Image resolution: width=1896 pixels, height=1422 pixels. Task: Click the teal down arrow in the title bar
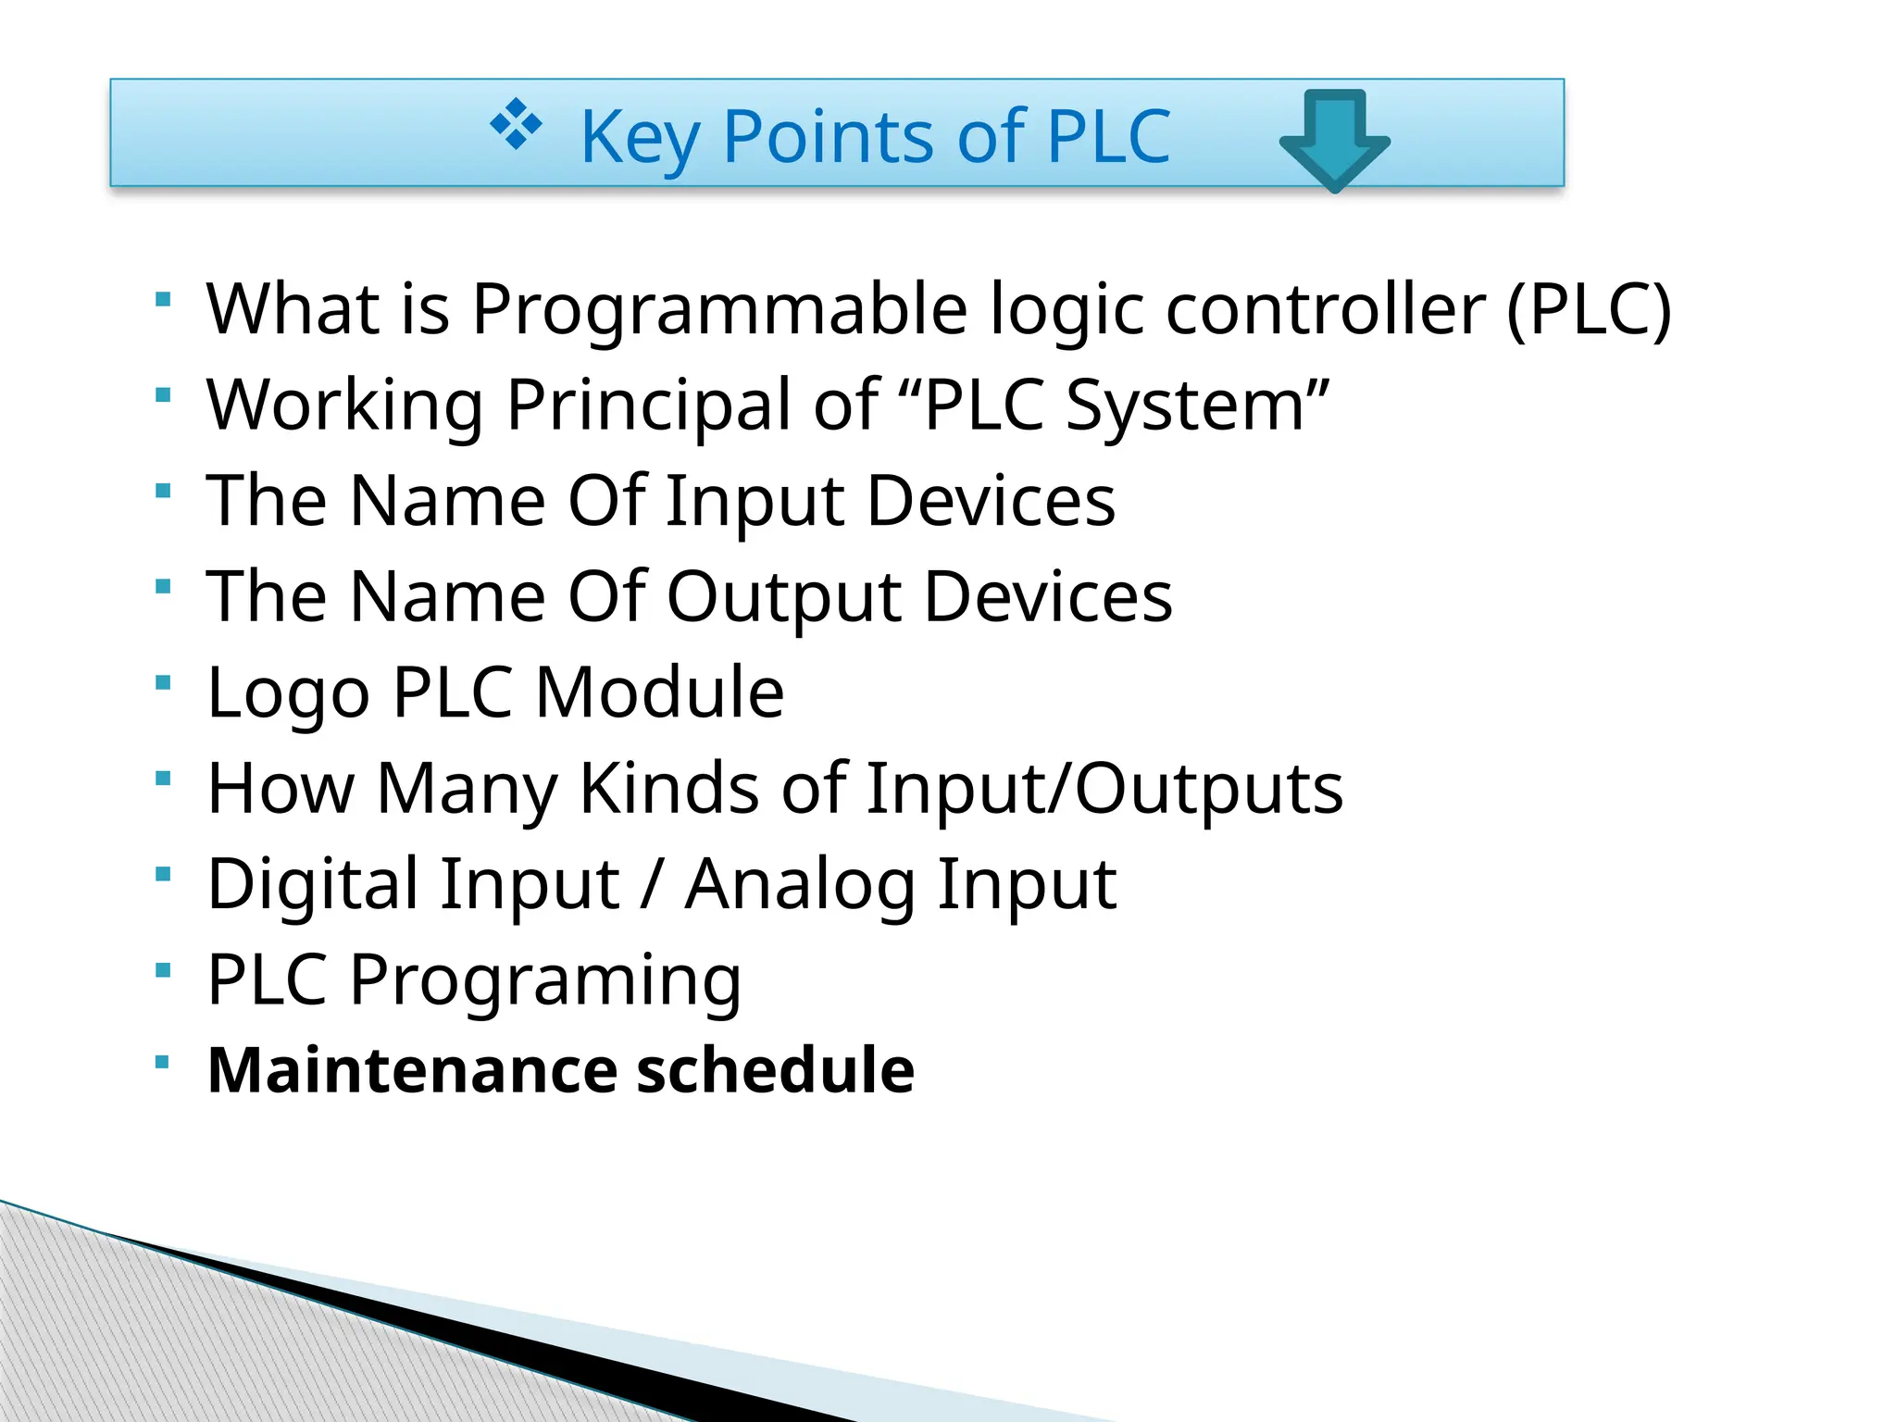[x=1334, y=139]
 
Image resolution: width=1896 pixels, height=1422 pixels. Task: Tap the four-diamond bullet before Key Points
[x=516, y=124]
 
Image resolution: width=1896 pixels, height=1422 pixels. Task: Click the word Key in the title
[x=639, y=137]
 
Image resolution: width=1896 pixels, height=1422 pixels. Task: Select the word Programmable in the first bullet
[x=720, y=308]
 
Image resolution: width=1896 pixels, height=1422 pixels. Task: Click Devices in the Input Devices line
[x=992, y=500]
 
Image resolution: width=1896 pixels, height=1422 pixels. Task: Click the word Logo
[x=289, y=692]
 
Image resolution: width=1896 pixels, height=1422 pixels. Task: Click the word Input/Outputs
[x=1104, y=788]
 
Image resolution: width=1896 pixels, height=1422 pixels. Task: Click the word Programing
[x=545, y=980]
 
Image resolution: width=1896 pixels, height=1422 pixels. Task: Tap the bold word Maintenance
[x=412, y=1070]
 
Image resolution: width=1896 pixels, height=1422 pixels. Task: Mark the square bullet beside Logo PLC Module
[x=164, y=682]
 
